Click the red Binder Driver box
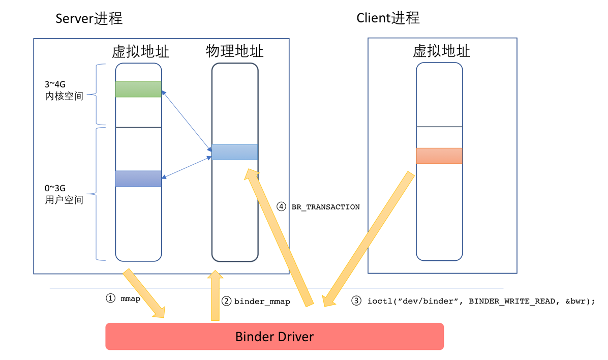(275, 336)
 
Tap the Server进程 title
(89, 19)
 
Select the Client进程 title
(388, 18)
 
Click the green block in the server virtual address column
(138, 89)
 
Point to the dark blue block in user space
(138, 178)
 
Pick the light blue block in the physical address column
(235, 152)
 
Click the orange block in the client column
(439, 156)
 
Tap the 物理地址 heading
(235, 51)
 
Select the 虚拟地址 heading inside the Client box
(441, 51)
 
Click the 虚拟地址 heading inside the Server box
(141, 51)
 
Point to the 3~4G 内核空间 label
(64, 89)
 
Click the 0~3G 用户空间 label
(64, 194)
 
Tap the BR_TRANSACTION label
(325, 207)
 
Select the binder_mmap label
(262, 302)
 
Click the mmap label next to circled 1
(130, 298)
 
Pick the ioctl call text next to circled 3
(480, 301)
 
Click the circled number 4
(281, 207)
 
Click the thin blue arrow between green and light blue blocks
(187, 121)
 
